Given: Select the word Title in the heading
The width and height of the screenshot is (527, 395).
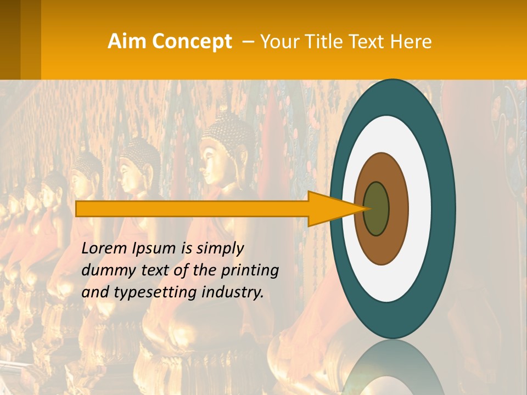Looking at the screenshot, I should (x=323, y=42).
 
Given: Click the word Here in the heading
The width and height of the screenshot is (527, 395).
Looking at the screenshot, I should (x=411, y=42).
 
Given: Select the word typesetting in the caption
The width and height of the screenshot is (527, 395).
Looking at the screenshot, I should (x=160, y=292).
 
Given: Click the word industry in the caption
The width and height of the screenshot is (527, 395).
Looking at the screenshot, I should (x=233, y=292).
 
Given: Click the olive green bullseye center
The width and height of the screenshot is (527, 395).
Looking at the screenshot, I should (x=377, y=208).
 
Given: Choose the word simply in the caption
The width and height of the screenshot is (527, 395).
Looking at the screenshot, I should (x=220, y=249).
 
